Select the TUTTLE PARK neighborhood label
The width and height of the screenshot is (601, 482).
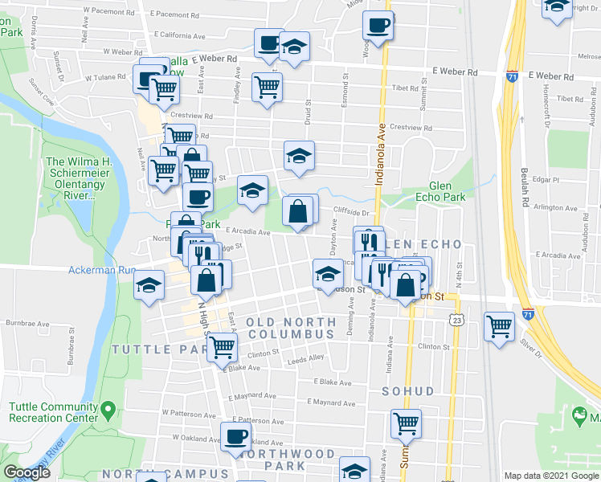[x=153, y=349]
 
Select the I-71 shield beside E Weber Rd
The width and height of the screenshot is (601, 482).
[x=513, y=76]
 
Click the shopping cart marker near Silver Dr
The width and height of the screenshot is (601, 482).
[x=500, y=326]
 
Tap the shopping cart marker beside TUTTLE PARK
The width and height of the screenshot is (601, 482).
[x=222, y=347]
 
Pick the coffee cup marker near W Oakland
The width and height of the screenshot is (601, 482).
[x=235, y=436]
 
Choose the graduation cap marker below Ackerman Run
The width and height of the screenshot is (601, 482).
[x=149, y=286]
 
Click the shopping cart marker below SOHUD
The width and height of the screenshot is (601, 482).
[x=407, y=423]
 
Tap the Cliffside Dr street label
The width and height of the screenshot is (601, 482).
[x=352, y=214]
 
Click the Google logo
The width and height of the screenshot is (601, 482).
[x=27, y=473]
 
